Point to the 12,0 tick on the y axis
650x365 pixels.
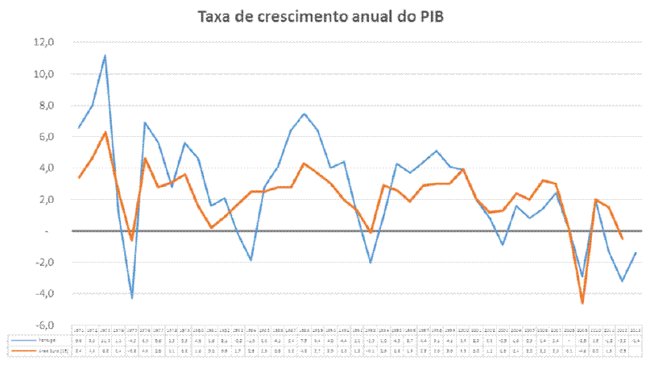pos(43,43)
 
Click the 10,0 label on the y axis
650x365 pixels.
pos(43,74)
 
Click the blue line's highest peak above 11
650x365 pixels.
pos(105,56)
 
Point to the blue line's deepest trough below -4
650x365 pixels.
pos(131,298)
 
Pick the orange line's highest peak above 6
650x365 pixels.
pos(105,132)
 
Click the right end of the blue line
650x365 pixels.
pos(636,253)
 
